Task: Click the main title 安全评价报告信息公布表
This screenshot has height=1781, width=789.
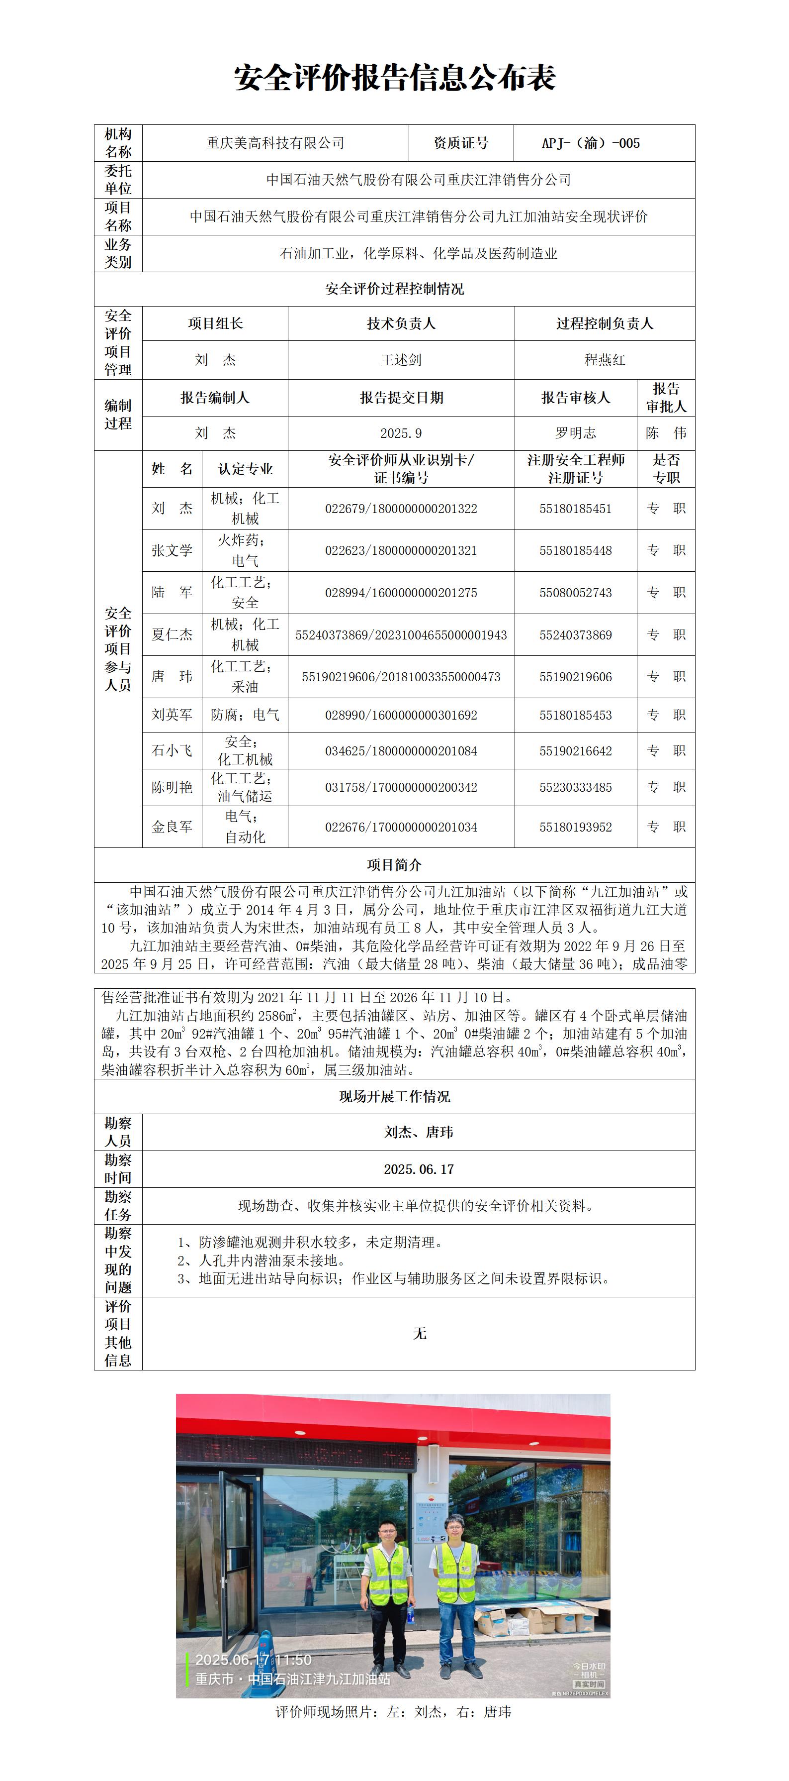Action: pos(395,78)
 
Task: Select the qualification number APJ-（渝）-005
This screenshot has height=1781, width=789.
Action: pos(591,144)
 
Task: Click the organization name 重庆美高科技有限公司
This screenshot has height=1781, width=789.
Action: pos(275,144)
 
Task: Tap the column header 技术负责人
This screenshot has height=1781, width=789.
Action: pos(401,323)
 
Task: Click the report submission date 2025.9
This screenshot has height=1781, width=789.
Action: pos(401,433)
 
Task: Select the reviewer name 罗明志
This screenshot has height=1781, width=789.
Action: pos(576,433)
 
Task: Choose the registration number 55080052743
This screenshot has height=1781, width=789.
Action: pos(576,593)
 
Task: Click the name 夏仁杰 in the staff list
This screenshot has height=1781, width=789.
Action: pos(172,634)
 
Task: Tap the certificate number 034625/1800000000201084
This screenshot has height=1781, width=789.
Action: pos(401,751)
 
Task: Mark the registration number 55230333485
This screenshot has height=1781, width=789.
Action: pos(576,787)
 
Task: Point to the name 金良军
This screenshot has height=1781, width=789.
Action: pos(172,827)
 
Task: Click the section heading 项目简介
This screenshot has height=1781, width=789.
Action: pos(395,865)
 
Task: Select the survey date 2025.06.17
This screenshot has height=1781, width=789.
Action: pos(419,1169)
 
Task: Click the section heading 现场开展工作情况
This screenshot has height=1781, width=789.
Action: pos(395,1097)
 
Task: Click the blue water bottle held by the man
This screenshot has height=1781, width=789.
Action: pos(411,1614)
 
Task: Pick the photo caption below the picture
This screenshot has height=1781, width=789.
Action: pos(394,1712)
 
